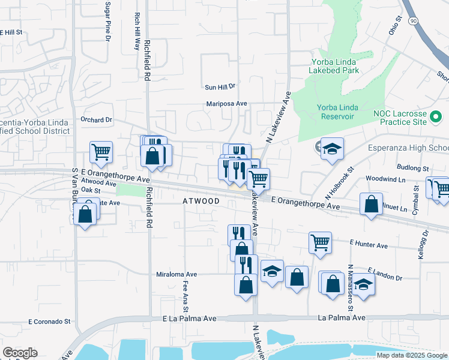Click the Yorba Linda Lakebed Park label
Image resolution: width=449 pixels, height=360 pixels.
pos(334,65)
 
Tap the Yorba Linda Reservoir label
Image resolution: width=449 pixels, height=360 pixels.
pos(337,112)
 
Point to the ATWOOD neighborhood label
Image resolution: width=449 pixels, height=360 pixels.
pos(201,202)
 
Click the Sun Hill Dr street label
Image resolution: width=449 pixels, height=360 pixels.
pos(222,87)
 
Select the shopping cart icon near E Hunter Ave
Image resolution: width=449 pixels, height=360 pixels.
pos(320,243)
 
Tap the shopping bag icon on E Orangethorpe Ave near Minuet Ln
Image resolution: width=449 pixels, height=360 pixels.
pos(372,203)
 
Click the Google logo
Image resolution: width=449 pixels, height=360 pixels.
pos(20,353)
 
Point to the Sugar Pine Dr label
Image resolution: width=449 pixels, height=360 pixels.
pos(108,21)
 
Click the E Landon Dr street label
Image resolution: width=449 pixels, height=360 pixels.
pos(385,274)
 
